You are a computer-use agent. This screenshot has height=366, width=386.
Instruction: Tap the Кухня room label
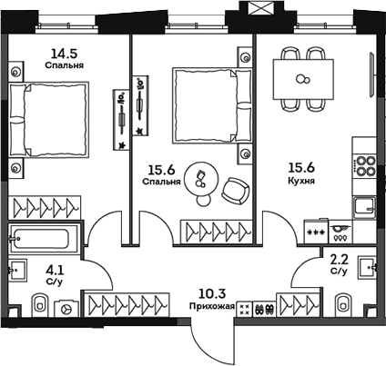302,181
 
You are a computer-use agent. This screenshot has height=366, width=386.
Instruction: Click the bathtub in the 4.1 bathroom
45,241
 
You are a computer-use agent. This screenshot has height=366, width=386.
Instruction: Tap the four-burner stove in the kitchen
365,167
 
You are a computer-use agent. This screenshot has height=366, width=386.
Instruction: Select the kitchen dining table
304,76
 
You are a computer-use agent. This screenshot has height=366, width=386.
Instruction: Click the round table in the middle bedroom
202,176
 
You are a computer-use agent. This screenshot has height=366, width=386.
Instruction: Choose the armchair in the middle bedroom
236,190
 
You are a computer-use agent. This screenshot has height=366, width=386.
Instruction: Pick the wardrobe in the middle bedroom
216,231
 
